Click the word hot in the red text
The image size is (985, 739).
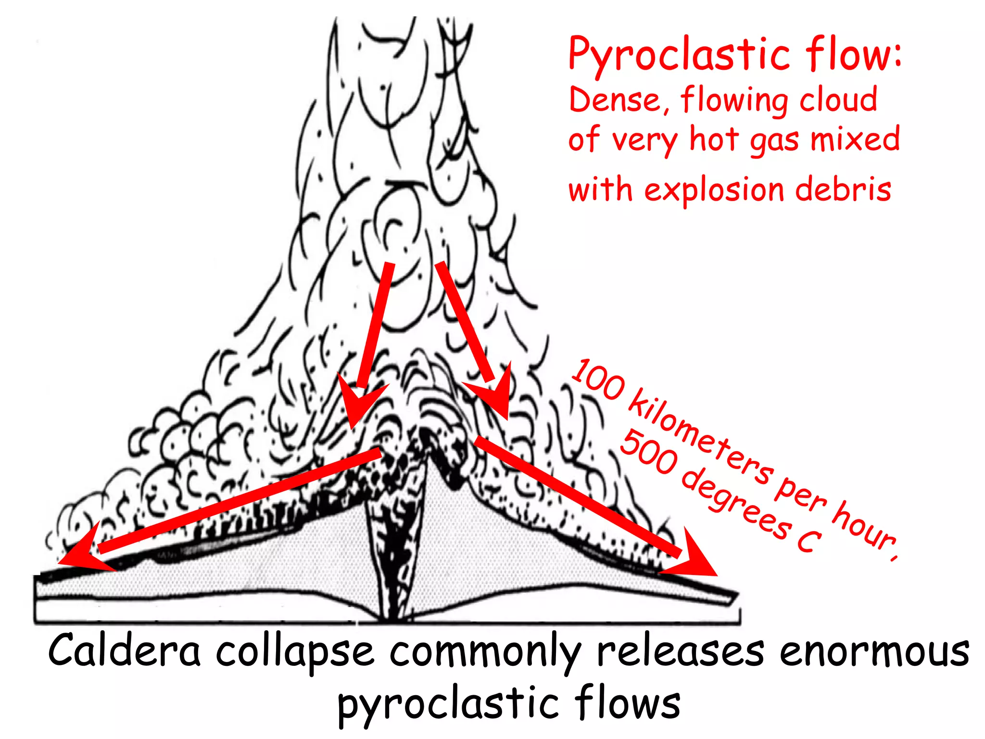click(x=714, y=140)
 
